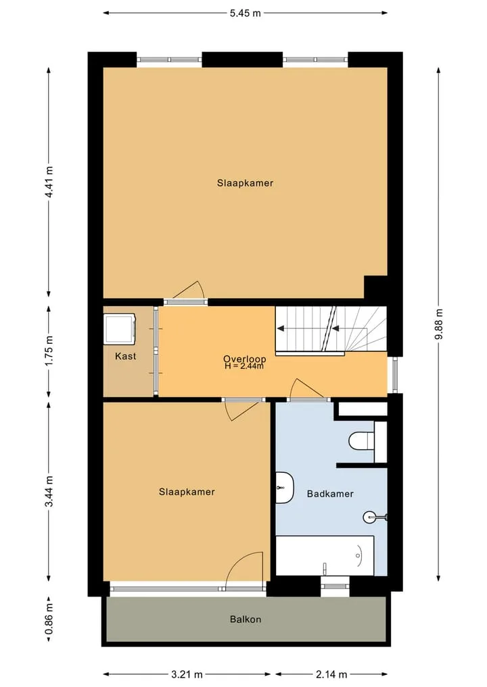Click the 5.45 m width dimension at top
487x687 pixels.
pyautogui.click(x=246, y=13)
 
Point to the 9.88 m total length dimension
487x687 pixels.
pyautogui.click(x=439, y=324)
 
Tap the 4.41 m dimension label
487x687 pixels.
pyautogui.click(x=49, y=182)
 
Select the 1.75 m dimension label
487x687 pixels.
pyautogui.click(x=49, y=351)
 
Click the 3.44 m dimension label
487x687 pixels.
pyautogui.click(x=49, y=491)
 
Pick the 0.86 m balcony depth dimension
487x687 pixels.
pyautogui.click(x=49, y=618)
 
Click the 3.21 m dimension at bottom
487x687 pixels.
pyautogui.click(x=187, y=674)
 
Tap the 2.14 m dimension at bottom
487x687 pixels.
pyautogui.click(x=331, y=674)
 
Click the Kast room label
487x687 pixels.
pyautogui.click(x=126, y=356)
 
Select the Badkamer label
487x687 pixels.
pyautogui.click(x=330, y=494)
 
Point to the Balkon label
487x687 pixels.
pyautogui.click(x=246, y=619)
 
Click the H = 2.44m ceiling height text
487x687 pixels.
pyautogui.click(x=244, y=366)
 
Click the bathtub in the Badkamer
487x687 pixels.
pyautogui.click(x=325, y=555)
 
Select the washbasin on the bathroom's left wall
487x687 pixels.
pyautogui.click(x=285, y=487)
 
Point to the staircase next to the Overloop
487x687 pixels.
pyautogui.click(x=331, y=329)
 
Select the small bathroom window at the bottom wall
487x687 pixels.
pyautogui.click(x=335, y=586)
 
